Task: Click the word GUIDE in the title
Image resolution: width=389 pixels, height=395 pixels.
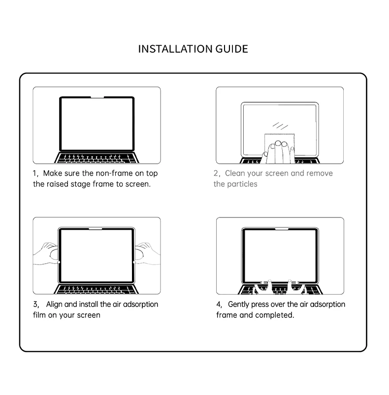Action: pos(232,49)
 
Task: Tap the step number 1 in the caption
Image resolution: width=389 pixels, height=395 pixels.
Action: pos(35,174)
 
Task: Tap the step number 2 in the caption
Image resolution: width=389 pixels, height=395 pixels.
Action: pos(216,174)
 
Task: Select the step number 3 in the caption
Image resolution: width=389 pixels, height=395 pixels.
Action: pos(35,304)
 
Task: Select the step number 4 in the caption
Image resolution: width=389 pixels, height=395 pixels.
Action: pos(219,304)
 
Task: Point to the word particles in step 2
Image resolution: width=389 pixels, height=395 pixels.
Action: pos(242,184)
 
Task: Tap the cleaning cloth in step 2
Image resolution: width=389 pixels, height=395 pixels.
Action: pos(278,140)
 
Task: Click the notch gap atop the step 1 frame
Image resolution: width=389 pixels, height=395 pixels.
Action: pos(97,98)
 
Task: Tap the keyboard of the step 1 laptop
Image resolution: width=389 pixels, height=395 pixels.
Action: pos(97,158)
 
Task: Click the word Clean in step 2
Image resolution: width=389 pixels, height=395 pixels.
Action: pos(235,174)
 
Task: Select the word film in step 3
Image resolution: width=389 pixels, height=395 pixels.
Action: pos(39,315)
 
